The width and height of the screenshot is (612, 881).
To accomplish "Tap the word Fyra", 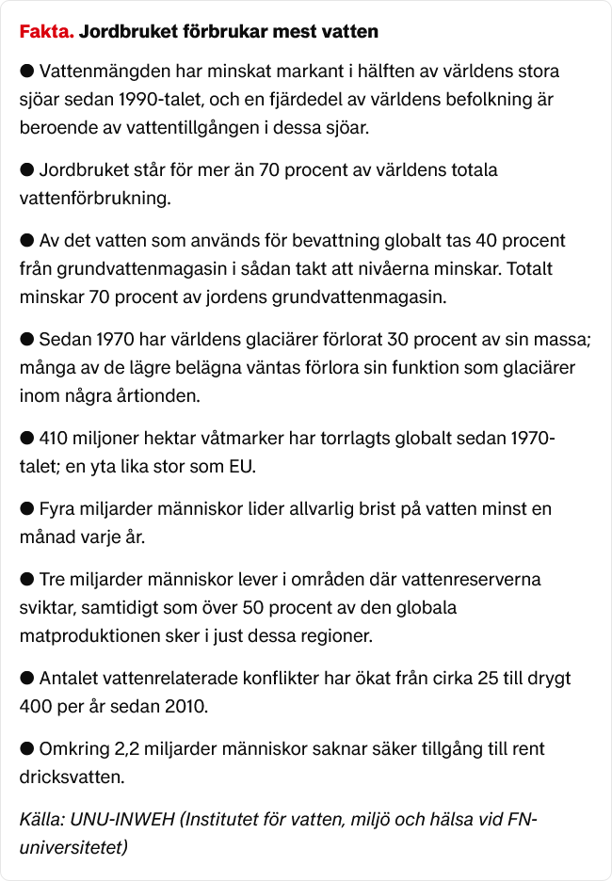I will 57,509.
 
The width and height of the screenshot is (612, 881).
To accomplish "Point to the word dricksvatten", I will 71,777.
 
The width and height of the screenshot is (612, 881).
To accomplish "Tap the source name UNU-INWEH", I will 121,820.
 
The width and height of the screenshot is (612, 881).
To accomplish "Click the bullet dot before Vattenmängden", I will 27,71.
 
